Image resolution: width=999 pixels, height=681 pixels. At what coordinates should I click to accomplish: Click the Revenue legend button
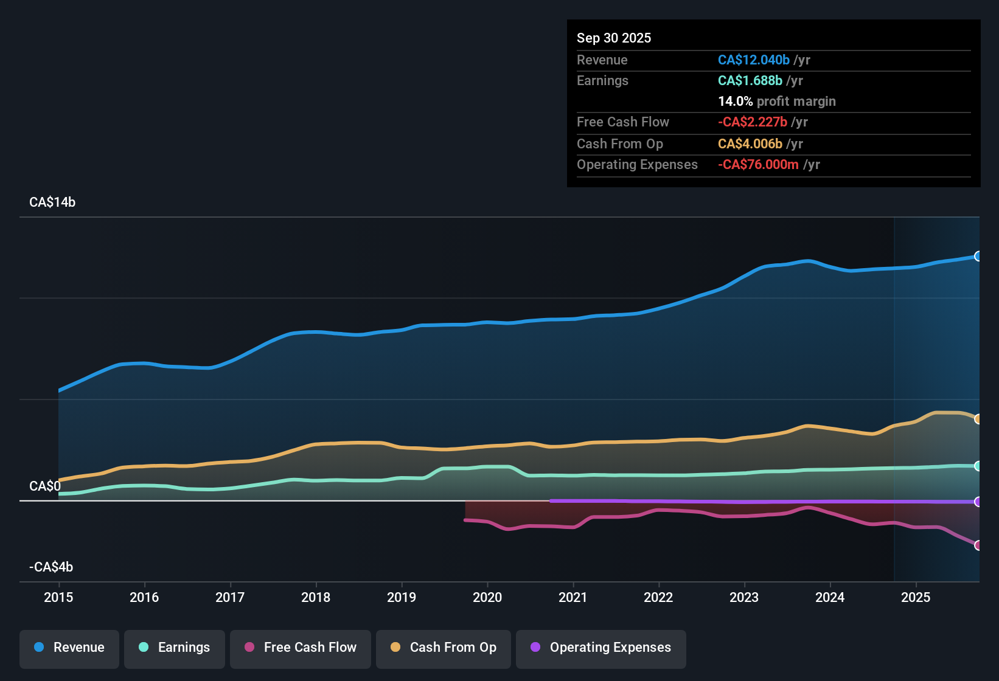pos(69,648)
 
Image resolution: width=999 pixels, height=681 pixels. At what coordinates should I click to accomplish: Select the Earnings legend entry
pos(175,648)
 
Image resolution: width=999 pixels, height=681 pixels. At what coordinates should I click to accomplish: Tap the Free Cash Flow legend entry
pos(301,648)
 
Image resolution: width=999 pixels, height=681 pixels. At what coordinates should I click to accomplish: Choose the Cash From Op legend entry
pos(444,648)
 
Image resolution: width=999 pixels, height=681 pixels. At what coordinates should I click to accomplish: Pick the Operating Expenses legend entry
pos(601,648)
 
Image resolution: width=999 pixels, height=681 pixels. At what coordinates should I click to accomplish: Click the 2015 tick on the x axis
pos(58,597)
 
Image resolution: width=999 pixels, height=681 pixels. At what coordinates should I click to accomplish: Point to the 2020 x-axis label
pos(487,597)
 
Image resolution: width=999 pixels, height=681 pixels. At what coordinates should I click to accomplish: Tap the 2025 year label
pos(916,597)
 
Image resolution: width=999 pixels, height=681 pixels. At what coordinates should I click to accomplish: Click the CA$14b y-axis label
pos(52,202)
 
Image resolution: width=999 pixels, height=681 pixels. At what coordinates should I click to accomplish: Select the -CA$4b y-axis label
pos(51,567)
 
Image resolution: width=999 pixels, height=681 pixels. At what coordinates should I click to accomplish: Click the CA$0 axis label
pos(45,486)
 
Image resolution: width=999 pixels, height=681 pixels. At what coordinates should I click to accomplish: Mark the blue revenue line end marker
pos(978,257)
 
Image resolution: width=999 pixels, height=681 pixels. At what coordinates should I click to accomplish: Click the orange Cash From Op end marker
pos(978,419)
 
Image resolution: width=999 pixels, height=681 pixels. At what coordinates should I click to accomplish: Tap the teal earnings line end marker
pos(978,466)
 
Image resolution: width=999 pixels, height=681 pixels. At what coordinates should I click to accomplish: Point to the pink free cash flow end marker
pos(978,545)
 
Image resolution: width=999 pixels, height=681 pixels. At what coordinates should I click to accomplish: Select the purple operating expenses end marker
pos(978,502)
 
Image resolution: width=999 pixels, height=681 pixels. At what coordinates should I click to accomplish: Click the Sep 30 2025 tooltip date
pos(614,38)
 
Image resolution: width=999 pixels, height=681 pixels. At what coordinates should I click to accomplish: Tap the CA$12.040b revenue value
pos(753,60)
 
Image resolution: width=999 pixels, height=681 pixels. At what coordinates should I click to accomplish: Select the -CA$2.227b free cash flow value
pos(752,122)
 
